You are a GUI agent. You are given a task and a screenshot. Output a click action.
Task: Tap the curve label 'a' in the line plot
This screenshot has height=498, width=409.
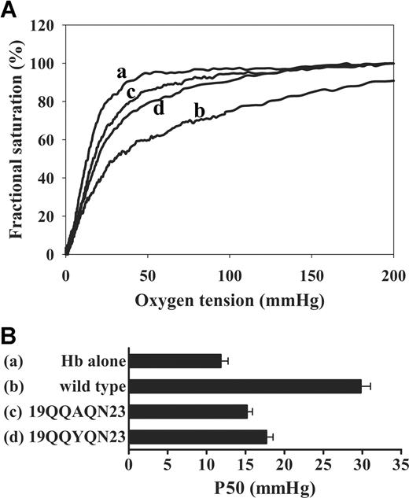coord(121,72)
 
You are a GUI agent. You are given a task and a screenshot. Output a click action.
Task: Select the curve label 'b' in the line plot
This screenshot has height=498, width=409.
coord(199,112)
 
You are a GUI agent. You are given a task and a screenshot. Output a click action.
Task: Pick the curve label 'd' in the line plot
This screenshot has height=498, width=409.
coord(158,108)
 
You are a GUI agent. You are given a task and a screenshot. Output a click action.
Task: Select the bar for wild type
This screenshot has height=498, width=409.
coord(245,385)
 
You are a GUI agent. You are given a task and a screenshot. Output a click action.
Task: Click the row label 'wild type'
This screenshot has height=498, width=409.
coord(91,385)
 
